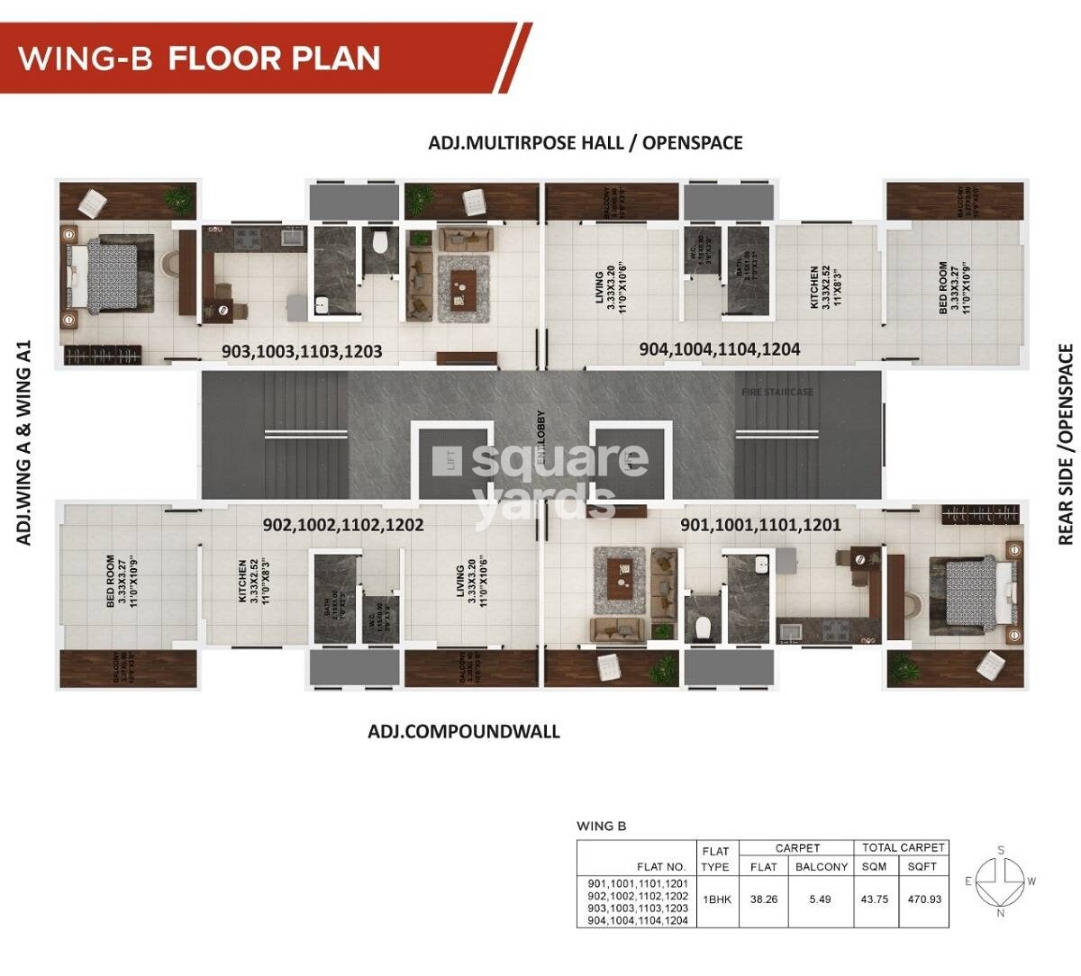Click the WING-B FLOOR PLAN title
tap(200, 59)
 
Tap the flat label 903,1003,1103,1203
tap(302, 351)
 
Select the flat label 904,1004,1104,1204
tap(719, 349)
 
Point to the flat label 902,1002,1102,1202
tap(343, 524)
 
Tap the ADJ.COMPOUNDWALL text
tap(464, 731)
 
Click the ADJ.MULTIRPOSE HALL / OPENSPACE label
tap(586, 142)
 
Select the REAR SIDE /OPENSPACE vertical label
tap(1066, 444)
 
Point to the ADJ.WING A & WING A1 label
tap(24, 442)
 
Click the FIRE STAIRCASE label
tap(777, 392)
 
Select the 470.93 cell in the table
tap(923, 899)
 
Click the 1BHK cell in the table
tap(714, 899)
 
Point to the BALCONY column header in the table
tap(821, 866)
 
